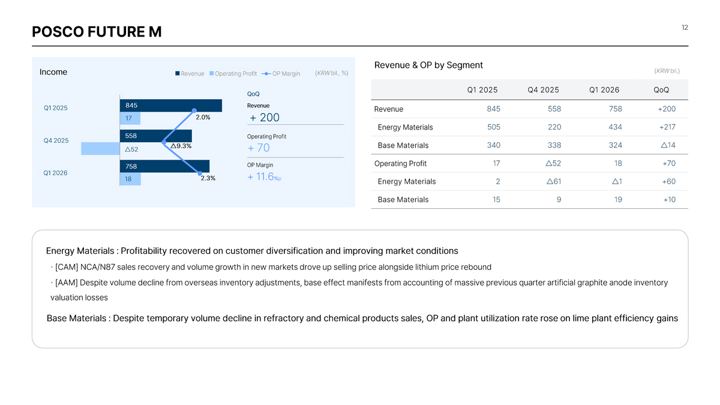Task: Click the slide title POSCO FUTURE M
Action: click(97, 32)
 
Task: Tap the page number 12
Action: click(685, 28)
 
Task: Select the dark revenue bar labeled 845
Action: click(170, 106)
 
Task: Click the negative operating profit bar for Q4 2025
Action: click(100, 149)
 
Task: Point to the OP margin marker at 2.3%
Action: click(200, 173)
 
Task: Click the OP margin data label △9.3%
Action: click(181, 146)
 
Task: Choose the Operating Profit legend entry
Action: click(233, 74)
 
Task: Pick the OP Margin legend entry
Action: click(281, 74)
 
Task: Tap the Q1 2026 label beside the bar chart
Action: click(55, 173)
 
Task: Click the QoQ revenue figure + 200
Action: click(265, 118)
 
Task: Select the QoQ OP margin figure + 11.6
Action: click(265, 177)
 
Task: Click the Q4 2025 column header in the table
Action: click(543, 90)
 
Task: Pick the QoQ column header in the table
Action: click(661, 90)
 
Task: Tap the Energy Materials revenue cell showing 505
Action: click(494, 127)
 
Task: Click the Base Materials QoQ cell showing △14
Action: click(668, 145)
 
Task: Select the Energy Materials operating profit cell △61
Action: click(554, 182)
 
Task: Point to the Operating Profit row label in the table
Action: click(401, 164)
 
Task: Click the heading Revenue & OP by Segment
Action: click(428, 65)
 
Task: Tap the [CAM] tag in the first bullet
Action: click(67, 267)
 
